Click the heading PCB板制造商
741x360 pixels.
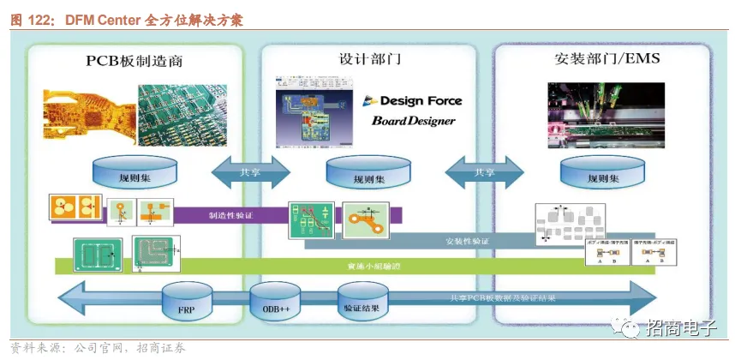[134, 61]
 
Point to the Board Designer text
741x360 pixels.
[413, 121]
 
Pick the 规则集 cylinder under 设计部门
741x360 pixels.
[369, 175]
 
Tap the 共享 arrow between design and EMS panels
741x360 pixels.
[485, 171]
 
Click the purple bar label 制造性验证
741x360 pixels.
[231, 216]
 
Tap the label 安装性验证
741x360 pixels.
[466, 242]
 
